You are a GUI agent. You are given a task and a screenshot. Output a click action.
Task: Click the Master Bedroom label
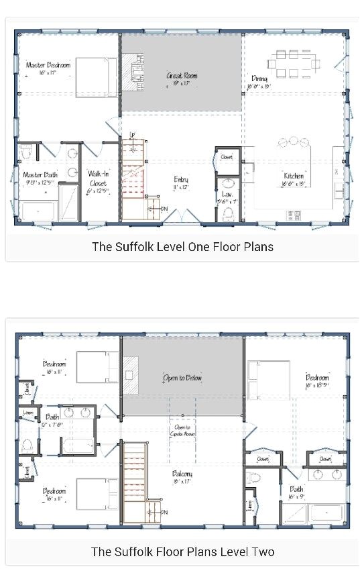[x=47, y=65]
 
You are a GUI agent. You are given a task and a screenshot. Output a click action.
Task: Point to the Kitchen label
[x=294, y=176]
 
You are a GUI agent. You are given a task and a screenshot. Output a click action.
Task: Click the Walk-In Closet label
[x=98, y=178]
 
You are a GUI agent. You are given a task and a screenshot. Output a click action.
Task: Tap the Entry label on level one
[x=181, y=180]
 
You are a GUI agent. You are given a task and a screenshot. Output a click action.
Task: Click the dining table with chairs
[x=294, y=63]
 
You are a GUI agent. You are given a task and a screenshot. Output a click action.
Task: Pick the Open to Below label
[x=182, y=378]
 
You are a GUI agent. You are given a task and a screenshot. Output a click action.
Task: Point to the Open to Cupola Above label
[x=182, y=430]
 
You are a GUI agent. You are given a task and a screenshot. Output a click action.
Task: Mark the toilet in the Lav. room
[x=228, y=213]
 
